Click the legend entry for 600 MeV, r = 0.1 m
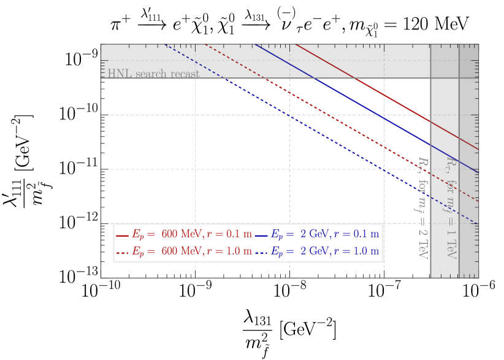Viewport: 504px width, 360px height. pyautogui.click(x=184, y=234)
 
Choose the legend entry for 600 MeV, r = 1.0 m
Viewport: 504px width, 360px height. pyautogui.click(x=184, y=251)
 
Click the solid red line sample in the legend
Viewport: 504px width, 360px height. pyautogui.click(x=122, y=236)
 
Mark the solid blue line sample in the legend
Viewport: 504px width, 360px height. pyautogui.click(x=261, y=236)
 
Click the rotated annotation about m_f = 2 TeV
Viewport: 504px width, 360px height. pyautogui.click(x=422, y=207)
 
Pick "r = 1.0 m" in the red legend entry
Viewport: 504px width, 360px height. pyautogui.click(x=229, y=251)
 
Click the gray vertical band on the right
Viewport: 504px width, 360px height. pyautogui.click(x=454, y=184)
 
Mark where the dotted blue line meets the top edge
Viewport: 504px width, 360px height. pyautogui.click(x=164, y=45)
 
